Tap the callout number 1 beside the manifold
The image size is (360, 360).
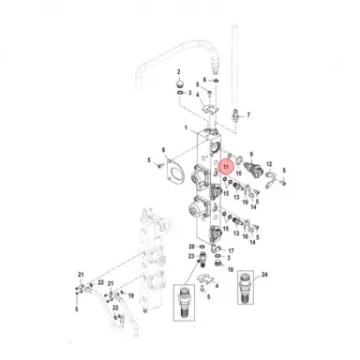(x=187, y=127)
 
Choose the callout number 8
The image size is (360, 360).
(x=164, y=150)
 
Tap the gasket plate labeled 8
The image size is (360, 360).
(x=172, y=169)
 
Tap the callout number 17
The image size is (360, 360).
(x=230, y=251)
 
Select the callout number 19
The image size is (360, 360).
(x=130, y=295)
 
